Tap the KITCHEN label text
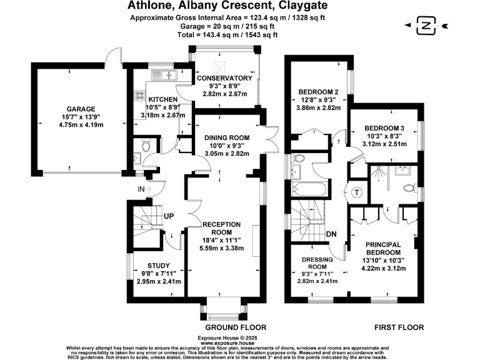[162, 99]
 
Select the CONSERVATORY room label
[224, 78]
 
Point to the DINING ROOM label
[227, 137]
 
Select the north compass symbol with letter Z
[426, 26]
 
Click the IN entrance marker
[143, 189]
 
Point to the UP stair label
[169, 216]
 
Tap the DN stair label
[333, 234]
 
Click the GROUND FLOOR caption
[236, 327]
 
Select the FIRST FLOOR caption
[399, 327]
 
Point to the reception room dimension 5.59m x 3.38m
[225, 247]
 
